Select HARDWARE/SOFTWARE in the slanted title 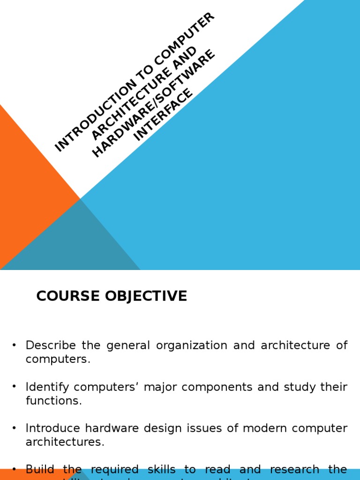[154, 103]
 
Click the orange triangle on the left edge [28, 187]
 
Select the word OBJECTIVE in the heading [145, 296]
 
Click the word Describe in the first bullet [51, 345]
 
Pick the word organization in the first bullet [192, 345]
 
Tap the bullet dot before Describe [14, 345]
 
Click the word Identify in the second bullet [47, 387]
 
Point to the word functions [53, 401]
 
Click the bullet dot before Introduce [14, 428]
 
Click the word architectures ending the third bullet [65, 442]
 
